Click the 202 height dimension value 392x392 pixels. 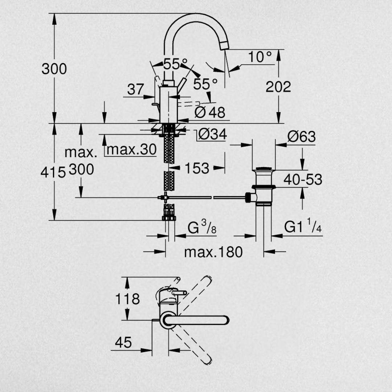pyautogui.click(x=278, y=86)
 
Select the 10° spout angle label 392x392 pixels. pyautogui.click(x=260, y=57)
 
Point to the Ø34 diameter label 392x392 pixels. pyautogui.click(x=212, y=134)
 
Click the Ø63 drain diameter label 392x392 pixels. pyautogui.click(x=301, y=136)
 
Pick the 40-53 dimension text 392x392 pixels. pyautogui.click(x=303, y=180)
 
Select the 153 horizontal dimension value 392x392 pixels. pyautogui.click(x=197, y=168)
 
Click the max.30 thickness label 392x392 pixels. pyautogui.click(x=131, y=150)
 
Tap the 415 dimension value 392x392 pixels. pyautogui.click(x=53, y=172)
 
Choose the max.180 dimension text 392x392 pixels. pyautogui.click(x=213, y=252)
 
